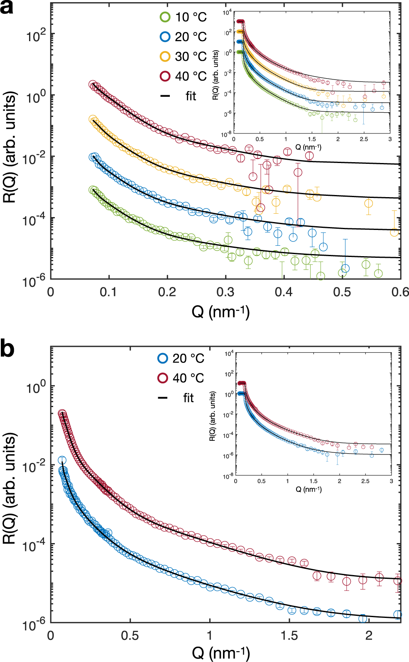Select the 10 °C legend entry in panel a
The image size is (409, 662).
183,17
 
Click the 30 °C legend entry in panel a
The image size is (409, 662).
183,57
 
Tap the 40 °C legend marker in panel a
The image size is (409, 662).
165,76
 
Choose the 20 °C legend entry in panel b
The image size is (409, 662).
181,358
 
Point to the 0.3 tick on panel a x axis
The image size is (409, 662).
225,292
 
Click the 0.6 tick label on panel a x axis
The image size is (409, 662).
400,292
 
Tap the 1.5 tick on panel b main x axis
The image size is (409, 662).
289,635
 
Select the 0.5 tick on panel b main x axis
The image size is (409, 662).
130,635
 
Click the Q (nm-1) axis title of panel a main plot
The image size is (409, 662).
220,311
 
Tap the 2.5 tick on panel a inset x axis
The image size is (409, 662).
364,139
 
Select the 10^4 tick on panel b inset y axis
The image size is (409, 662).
229,353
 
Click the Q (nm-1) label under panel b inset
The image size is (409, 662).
309,489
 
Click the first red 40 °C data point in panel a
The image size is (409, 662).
93,84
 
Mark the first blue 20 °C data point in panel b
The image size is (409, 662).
62,460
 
